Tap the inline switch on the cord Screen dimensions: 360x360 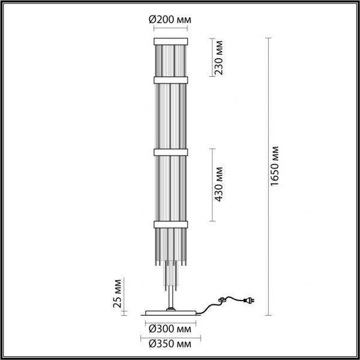[x=224, y=299]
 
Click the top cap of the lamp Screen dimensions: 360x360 [x=172, y=41]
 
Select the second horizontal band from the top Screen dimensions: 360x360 [x=172, y=79]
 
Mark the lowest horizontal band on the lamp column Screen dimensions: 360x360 [x=172, y=224]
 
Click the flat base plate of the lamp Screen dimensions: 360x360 [x=172, y=313]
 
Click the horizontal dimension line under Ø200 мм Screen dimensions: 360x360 [x=172, y=28]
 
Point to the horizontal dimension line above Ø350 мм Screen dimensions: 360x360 [x=172, y=336]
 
